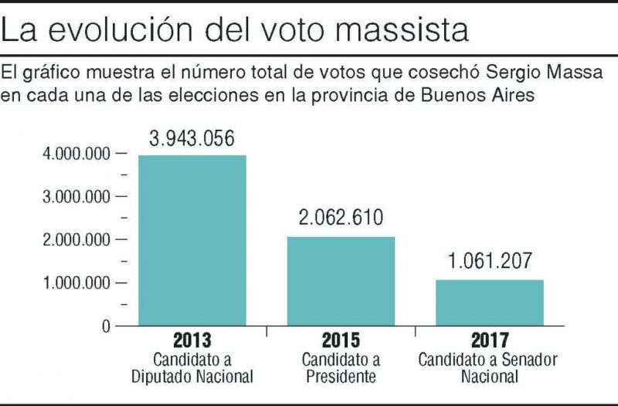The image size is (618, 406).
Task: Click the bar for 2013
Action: click(x=192, y=240)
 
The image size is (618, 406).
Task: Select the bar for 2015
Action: click(x=341, y=281)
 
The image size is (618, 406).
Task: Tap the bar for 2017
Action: click(x=489, y=303)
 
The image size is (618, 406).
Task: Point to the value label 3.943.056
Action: click(x=192, y=139)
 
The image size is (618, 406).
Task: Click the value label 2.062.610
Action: click(x=341, y=218)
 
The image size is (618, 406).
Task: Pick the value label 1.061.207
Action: click(x=489, y=262)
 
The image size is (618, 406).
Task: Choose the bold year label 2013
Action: click(x=192, y=340)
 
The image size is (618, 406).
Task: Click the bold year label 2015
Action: click(x=341, y=340)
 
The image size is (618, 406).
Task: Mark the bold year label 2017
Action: click(x=489, y=340)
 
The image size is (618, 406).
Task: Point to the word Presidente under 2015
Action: click(x=341, y=378)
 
